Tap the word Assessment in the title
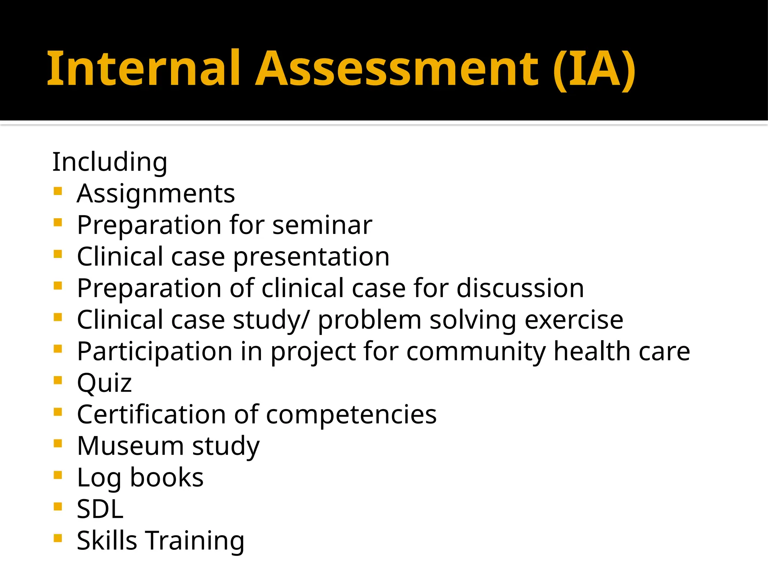pyautogui.click(x=397, y=69)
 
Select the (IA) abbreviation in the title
pyautogui.click(x=594, y=70)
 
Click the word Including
pyautogui.click(x=109, y=162)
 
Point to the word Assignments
pyautogui.click(x=156, y=194)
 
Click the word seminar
pyautogui.click(x=322, y=225)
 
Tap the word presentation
pyautogui.click(x=311, y=258)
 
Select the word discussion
pyautogui.click(x=520, y=288)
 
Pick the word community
pyautogui.click(x=476, y=352)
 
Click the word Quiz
pyautogui.click(x=104, y=384)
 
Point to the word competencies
pyautogui.click(x=351, y=415)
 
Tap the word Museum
pyautogui.click(x=130, y=446)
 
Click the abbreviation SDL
pyautogui.click(x=100, y=509)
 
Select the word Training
pyautogui.click(x=195, y=541)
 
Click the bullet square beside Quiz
pyautogui.click(x=57, y=381)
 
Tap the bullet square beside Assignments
pyautogui.click(x=57, y=192)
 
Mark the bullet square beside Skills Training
pyautogui.click(x=57, y=538)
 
